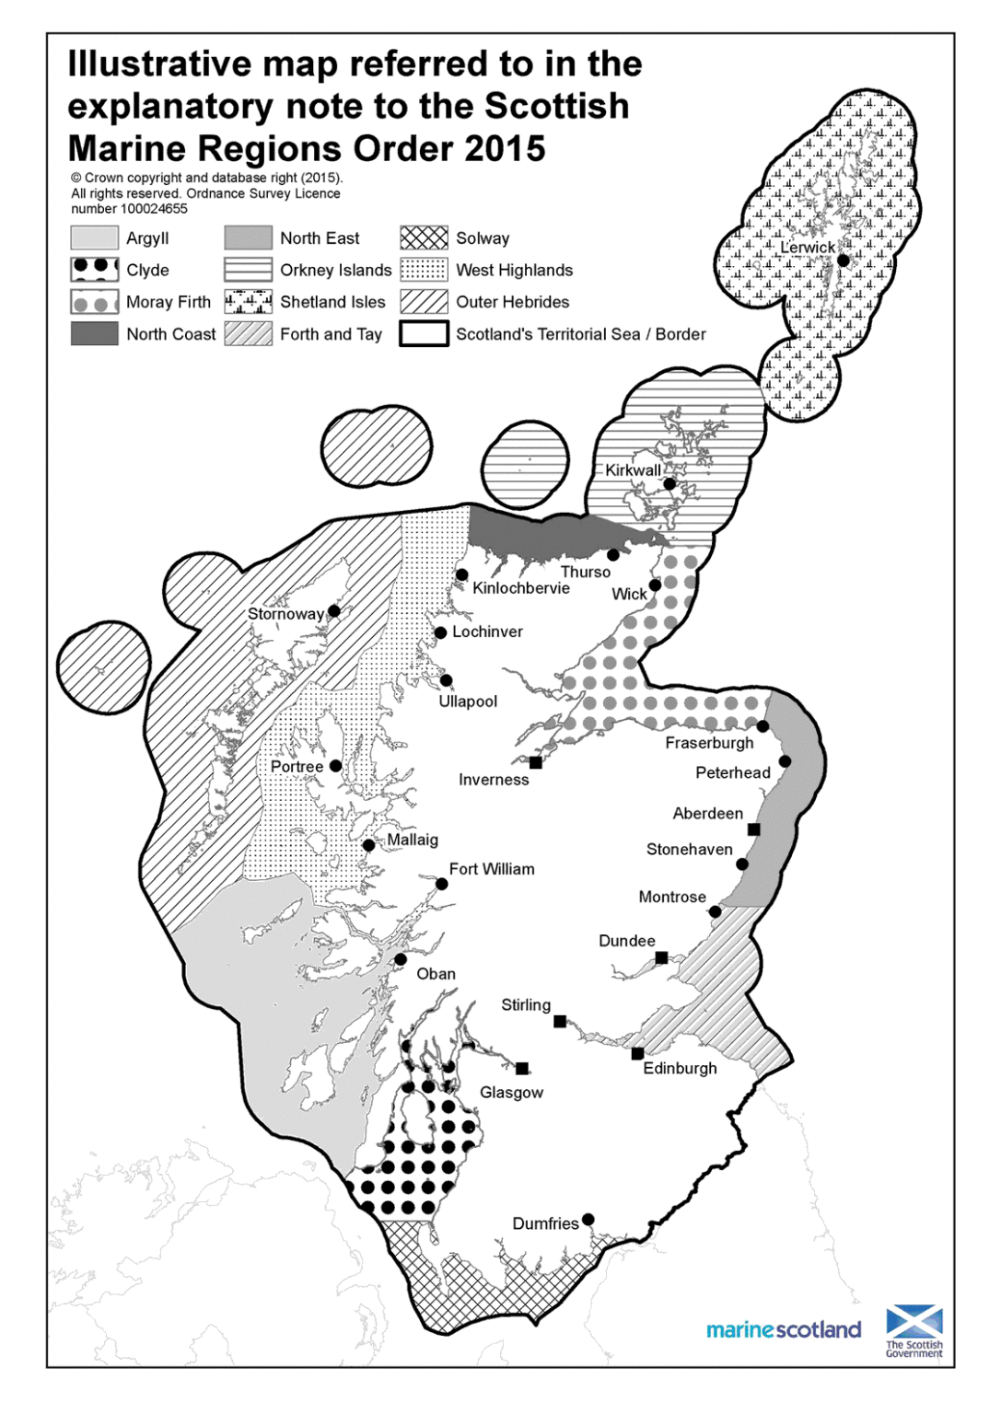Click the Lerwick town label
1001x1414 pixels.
[807, 248]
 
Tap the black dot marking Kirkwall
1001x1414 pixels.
[669, 483]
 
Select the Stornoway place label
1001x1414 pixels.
[285, 614]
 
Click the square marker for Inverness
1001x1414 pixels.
[536, 762]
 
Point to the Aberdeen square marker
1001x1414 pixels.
[753, 829]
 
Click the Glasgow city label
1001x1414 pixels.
[511, 1093]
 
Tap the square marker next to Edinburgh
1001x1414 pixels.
[637, 1053]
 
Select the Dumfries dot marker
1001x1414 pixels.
[588, 1220]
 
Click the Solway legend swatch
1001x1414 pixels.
[424, 238]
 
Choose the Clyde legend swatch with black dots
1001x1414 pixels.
[94, 270]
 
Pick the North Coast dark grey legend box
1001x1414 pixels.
[94, 334]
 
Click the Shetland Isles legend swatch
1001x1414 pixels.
[248, 302]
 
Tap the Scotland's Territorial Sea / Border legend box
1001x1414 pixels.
[424, 334]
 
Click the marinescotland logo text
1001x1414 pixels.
[784, 1330]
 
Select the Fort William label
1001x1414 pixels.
[492, 869]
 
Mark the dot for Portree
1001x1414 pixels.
[336, 766]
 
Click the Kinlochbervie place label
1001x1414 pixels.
[521, 588]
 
